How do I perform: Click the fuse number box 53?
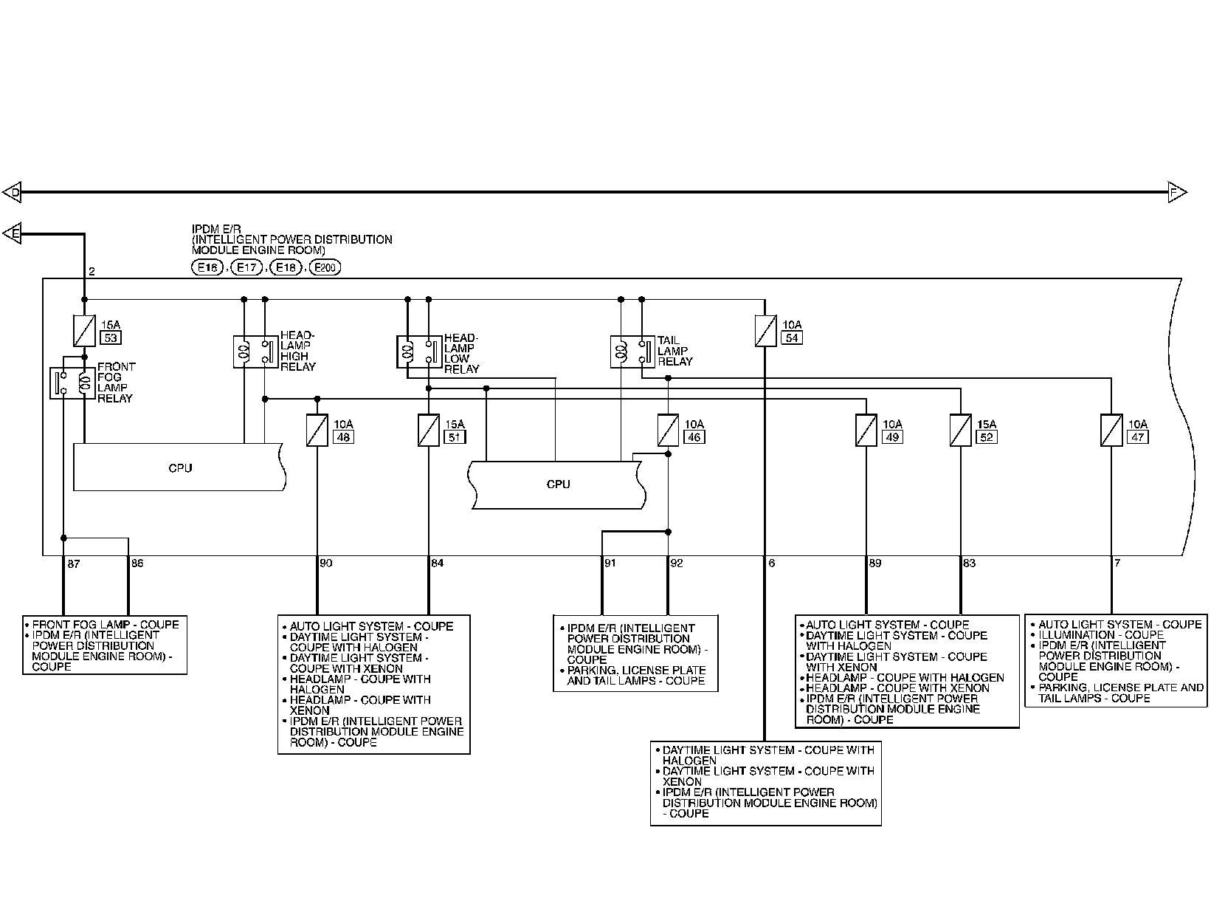click(110, 338)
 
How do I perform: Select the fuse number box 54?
click(792, 338)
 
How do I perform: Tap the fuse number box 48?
click(343, 437)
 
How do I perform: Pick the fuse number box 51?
click(455, 437)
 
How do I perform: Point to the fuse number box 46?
click(694, 437)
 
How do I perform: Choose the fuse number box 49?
click(892, 437)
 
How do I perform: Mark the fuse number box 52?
click(987, 437)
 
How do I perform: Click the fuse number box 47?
click(1138, 437)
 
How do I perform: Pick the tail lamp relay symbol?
click(632, 352)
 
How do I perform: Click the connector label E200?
click(325, 268)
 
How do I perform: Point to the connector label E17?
click(246, 268)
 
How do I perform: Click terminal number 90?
click(326, 563)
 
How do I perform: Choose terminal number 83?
click(969, 563)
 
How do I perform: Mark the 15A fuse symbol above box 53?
click(84, 331)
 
